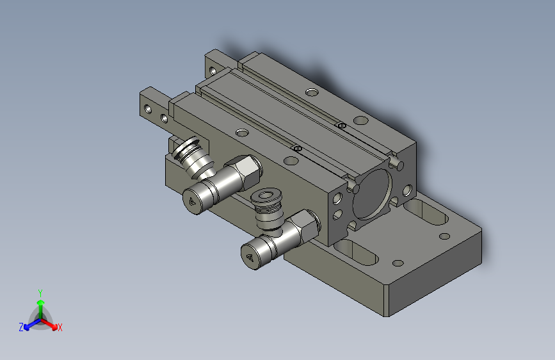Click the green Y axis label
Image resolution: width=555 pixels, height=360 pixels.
pyautogui.click(x=40, y=293)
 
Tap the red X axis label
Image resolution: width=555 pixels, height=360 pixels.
pyautogui.click(x=60, y=327)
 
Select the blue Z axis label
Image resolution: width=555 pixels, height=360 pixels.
pyautogui.click(x=21, y=327)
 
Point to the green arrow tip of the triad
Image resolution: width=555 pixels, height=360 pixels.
pyautogui.click(x=41, y=302)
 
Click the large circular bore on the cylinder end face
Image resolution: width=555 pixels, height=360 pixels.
pyautogui.click(x=372, y=194)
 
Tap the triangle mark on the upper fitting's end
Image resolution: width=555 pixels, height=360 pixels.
pyautogui.click(x=192, y=202)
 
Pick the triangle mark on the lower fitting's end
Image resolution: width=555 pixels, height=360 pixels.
pyautogui.click(x=250, y=258)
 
